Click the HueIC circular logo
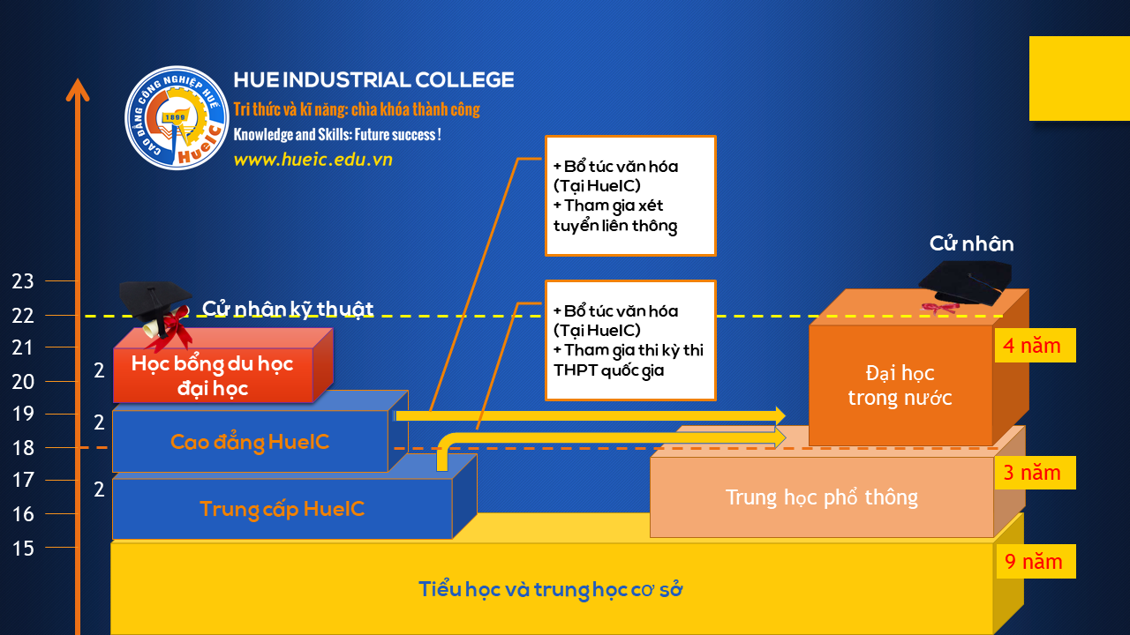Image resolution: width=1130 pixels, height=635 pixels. tap(177, 117)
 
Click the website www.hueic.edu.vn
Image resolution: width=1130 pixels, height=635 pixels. tap(313, 160)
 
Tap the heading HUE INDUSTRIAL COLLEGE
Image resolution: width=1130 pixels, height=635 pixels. tap(373, 80)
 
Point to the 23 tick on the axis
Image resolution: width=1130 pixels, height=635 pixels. tap(23, 281)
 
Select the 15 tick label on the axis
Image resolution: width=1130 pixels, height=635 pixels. tap(23, 548)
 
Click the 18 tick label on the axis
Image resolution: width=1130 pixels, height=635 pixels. tap(23, 447)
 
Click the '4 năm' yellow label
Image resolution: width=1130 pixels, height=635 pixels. tap(1035, 345)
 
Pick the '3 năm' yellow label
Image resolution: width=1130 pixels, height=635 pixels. tap(1035, 473)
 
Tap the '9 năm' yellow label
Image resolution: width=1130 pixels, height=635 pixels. tap(1035, 561)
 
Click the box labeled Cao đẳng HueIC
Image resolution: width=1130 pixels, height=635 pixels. tap(250, 442)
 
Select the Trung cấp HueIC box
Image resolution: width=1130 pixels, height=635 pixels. tap(282, 509)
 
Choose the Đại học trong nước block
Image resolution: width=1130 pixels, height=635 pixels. tap(900, 385)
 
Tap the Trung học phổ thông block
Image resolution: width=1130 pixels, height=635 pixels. tap(821, 497)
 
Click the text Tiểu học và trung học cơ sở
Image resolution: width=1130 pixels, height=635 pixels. tap(550, 589)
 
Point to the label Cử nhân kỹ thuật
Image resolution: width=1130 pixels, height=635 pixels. tap(288, 309)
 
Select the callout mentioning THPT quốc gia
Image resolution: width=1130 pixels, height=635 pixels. tap(629, 340)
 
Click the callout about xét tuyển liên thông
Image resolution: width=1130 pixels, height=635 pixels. tap(629, 196)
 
